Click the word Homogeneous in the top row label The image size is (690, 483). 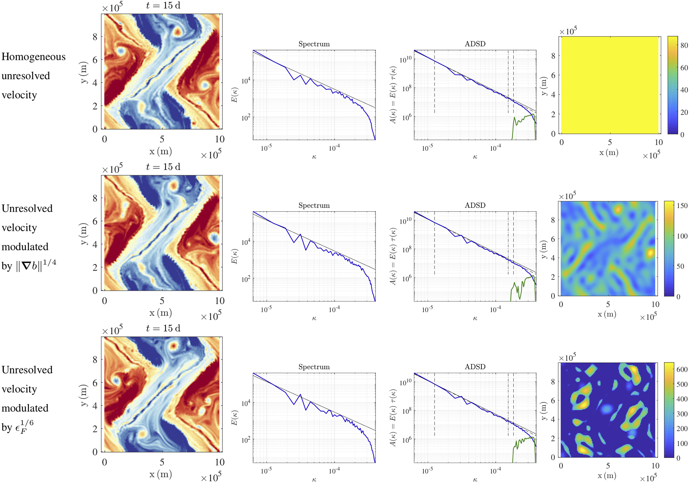33,57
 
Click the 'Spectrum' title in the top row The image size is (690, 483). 314,44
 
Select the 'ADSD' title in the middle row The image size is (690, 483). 475,205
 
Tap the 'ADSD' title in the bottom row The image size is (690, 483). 475,367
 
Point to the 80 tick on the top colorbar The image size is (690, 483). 684,45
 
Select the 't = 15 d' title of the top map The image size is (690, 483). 163,6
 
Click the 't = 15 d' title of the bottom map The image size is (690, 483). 163,329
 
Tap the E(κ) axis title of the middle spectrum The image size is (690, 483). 235,256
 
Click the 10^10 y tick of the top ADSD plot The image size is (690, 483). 406,60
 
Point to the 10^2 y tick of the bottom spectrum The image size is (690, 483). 246,440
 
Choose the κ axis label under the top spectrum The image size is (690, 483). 314,157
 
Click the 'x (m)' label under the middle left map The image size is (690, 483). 161,313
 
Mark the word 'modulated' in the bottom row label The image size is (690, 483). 25,408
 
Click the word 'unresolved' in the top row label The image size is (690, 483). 26,76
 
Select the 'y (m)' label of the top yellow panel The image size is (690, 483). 544,86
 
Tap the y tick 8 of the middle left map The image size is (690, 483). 95,198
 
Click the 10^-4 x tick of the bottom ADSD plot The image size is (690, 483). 495,471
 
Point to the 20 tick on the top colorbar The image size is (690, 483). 684,112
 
